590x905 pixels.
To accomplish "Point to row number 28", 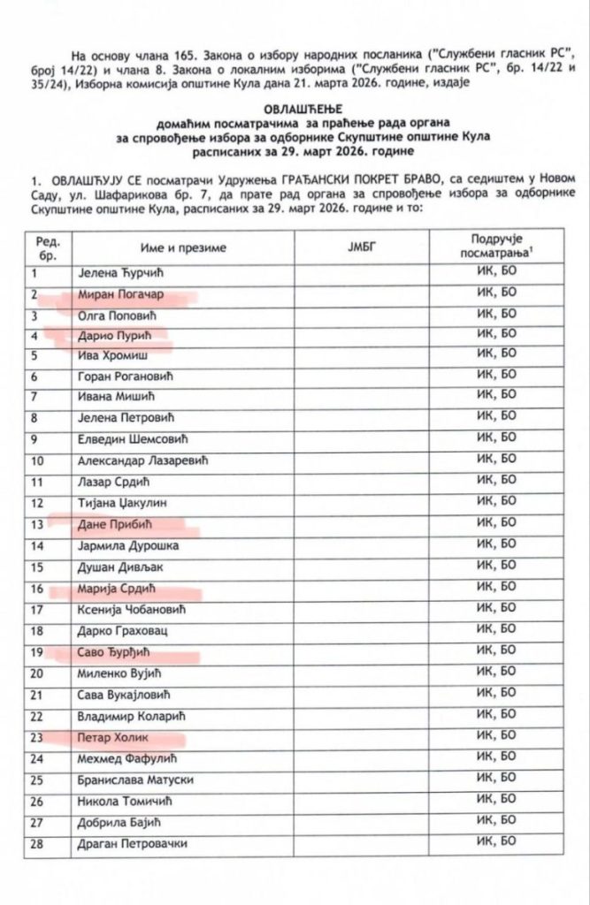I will (x=37, y=843).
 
